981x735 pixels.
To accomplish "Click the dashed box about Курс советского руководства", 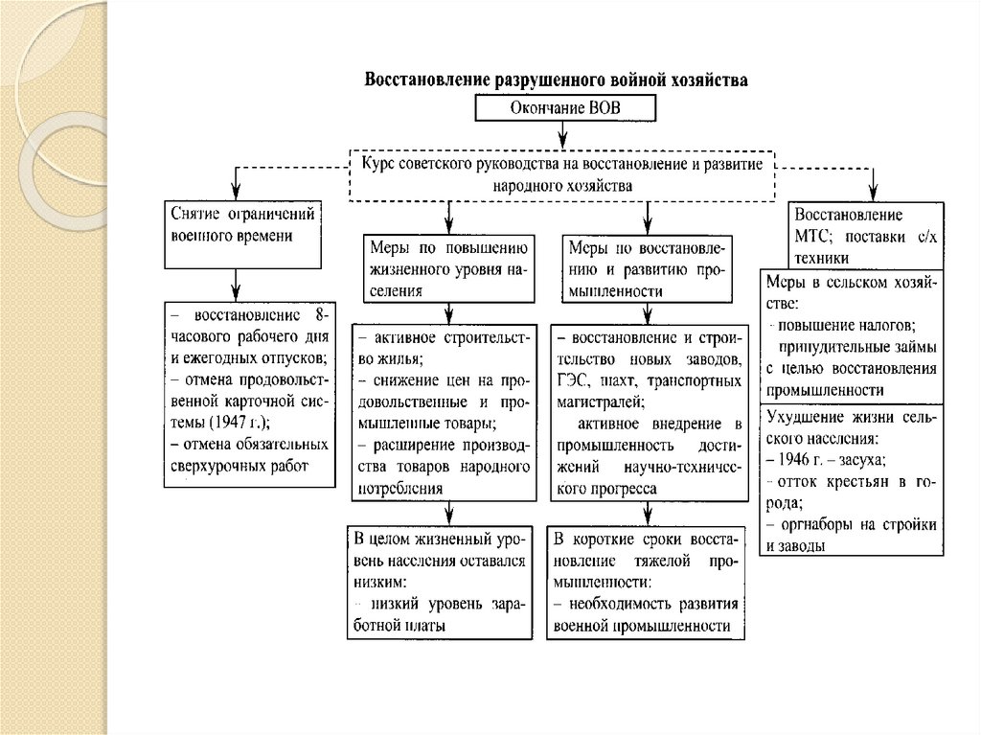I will pos(561,174).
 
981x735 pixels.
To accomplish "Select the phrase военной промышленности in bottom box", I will pos(642,625).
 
